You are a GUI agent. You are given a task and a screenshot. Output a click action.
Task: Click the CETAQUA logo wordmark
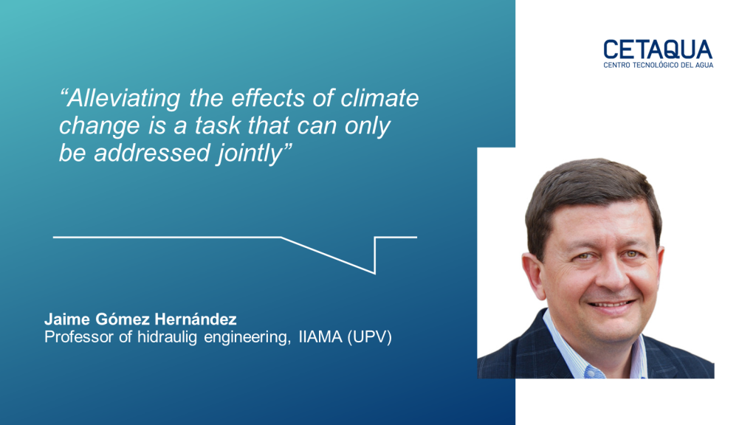pos(658,49)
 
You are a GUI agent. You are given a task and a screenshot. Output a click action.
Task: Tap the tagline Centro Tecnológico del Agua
pos(658,65)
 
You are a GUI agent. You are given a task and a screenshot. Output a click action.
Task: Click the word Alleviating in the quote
pos(120,99)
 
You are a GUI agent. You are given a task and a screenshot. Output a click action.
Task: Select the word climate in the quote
pos(380,98)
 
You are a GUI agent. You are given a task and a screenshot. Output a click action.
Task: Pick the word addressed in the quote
pos(152,153)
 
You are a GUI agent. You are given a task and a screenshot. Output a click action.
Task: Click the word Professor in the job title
pos(80,336)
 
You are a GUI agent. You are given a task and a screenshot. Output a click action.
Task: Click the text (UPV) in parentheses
pos(369,336)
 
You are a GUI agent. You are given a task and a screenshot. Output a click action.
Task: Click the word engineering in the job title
pos(247,337)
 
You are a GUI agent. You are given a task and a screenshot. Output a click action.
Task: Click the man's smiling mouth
pos(611,305)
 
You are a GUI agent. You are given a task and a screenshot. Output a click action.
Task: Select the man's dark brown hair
pos(591,193)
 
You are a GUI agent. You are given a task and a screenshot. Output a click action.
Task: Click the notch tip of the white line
pos(374,274)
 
